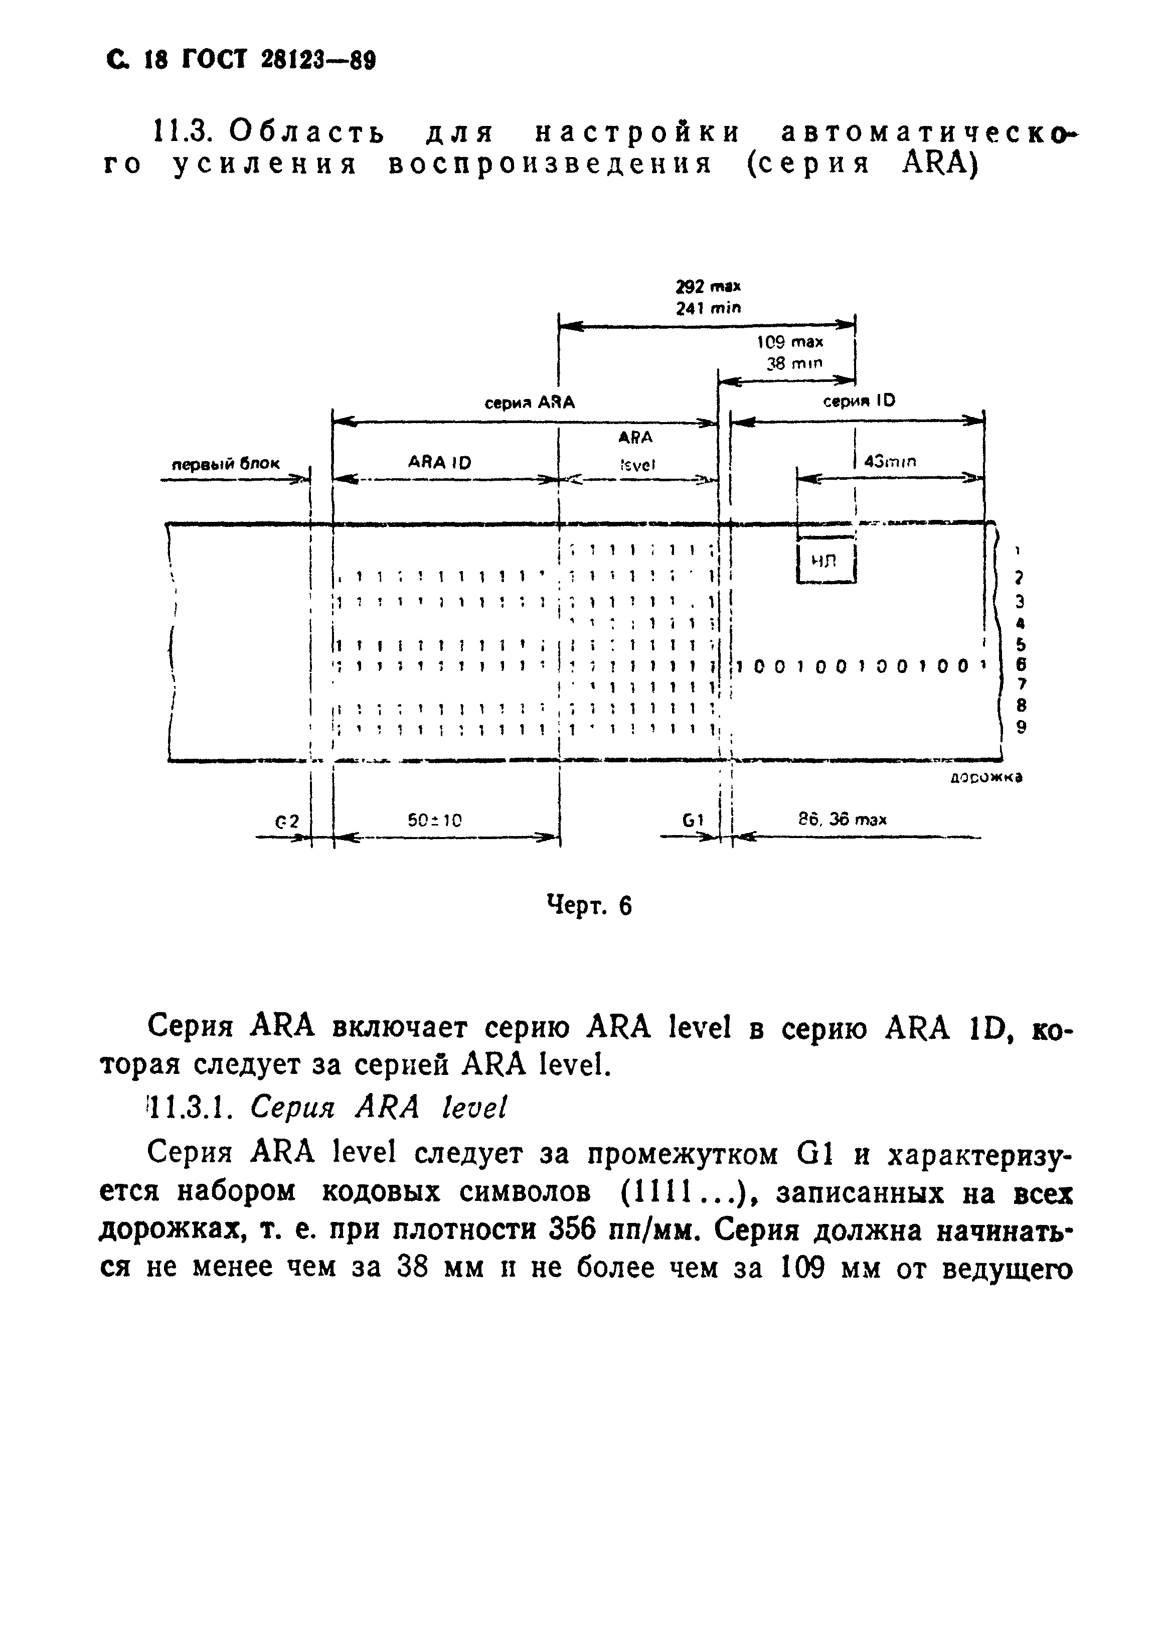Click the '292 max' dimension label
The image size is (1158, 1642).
point(708,287)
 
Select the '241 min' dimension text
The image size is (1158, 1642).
point(708,308)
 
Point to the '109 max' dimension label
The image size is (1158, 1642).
point(790,343)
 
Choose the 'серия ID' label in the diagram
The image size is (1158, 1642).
point(859,401)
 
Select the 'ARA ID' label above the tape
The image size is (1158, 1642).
point(440,463)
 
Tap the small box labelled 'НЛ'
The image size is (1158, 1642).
point(825,562)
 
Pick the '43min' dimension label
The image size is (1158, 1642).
point(890,462)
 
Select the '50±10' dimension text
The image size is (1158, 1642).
point(435,820)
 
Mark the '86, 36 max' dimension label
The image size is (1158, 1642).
point(842,819)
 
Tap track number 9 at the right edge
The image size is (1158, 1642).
point(1022,727)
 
